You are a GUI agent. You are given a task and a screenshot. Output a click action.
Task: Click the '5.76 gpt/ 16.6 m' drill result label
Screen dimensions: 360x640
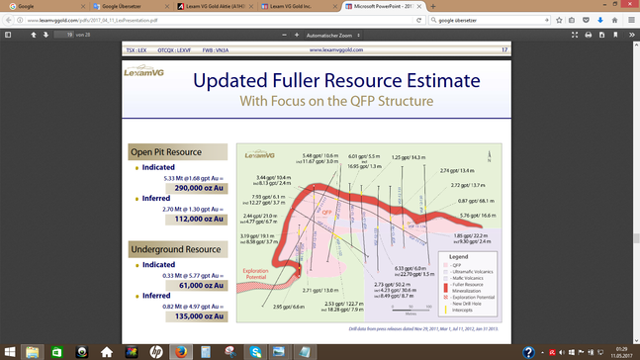coord(479,215)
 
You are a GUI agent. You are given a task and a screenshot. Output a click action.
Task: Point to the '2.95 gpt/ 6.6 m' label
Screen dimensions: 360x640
coord(289,307)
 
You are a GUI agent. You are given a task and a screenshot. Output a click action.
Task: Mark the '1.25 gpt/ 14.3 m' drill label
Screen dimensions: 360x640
coord(409,157)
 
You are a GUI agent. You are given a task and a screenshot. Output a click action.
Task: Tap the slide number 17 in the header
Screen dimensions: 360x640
coord(504,49)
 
